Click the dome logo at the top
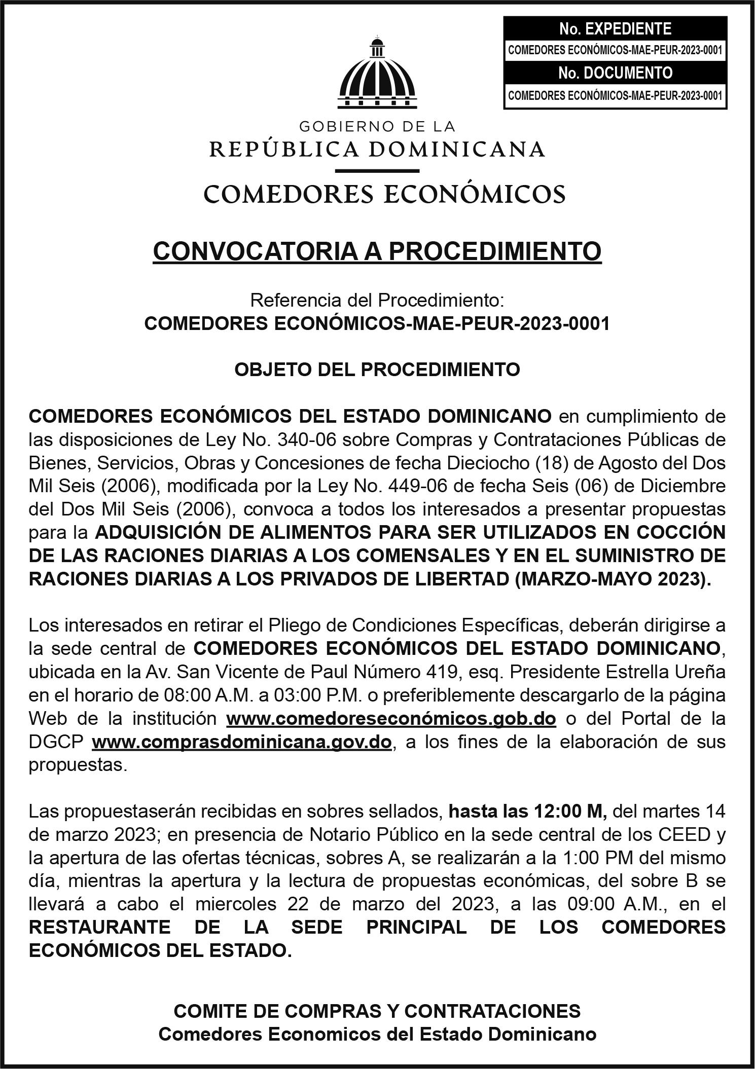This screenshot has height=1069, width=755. [377, 74]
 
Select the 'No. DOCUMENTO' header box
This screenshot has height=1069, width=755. [615, 73]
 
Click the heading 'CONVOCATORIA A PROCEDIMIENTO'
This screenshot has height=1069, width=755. [377, 251]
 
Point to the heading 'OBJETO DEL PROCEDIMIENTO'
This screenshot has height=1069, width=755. [377, 370]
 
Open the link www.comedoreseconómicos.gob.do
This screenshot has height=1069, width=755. [391, 719]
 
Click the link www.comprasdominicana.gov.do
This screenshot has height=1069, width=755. [242, 742]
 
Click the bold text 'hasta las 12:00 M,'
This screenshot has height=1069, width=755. [528, 812]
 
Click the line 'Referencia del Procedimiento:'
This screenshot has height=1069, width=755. [377, 301]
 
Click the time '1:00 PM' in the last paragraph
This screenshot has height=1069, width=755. [604, 858]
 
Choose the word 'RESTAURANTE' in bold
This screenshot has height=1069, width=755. [99, 928]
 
